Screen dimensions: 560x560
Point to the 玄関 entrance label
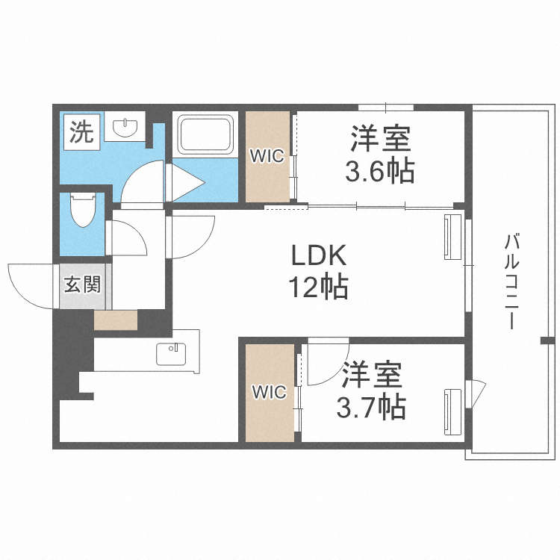[82, 284]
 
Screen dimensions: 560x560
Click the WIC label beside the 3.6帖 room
[266, 156]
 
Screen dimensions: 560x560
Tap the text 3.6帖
[379, 172]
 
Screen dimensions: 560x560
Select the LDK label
[318, 256]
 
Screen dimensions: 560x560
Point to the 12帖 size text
[319, 286]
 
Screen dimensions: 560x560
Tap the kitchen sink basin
[172, 353]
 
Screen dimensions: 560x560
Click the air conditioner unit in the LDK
[452, 236]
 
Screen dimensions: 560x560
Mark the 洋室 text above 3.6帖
[381, 140]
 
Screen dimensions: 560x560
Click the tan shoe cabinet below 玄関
[116, 320]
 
